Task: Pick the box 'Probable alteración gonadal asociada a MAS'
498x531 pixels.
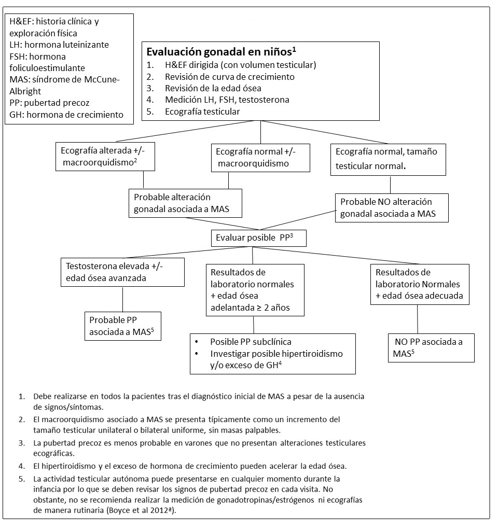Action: click(x=185, y=203)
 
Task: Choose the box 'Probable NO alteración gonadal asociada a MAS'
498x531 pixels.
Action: click(x=391, y=207)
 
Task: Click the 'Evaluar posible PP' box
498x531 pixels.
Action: click(x=259, y=239)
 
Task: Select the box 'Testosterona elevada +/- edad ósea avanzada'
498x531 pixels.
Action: click(x=122, y=272)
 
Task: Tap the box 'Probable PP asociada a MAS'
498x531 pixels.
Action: click(x=122, y=326)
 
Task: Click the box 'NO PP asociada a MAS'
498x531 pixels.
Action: click(x=432, y=347)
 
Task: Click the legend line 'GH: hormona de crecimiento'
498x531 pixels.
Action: click(x=66, y=115)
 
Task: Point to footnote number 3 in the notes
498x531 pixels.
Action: click(x=21, y=442)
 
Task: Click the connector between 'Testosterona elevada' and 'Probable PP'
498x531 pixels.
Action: click(x=122, y=299)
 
